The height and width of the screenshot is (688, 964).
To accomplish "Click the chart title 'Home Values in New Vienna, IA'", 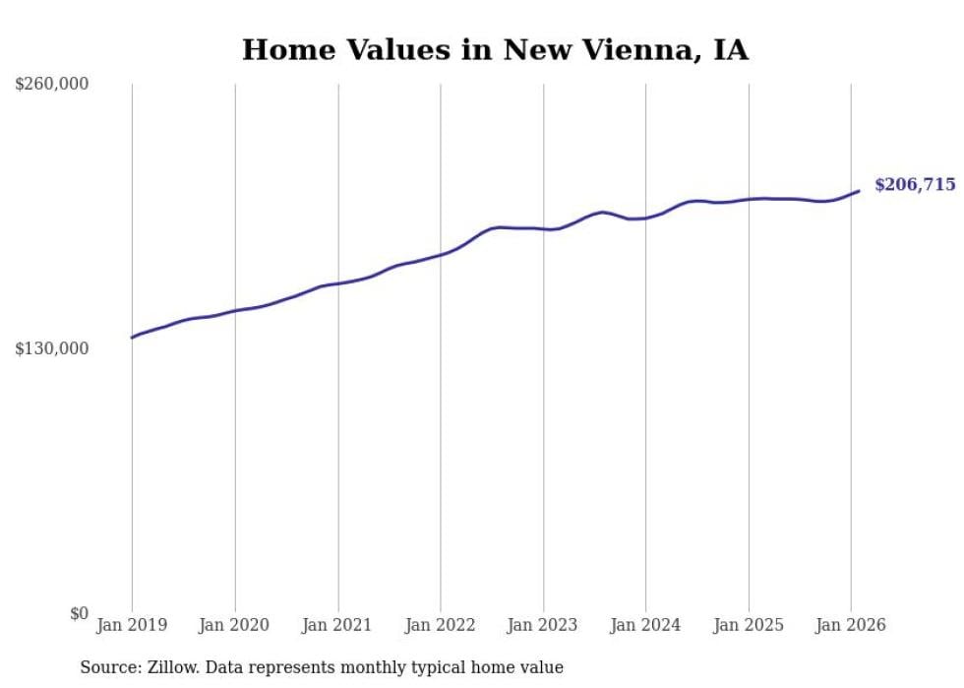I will click(x=495, y=49).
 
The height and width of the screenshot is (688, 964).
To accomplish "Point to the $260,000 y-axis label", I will click(x=52, y=85).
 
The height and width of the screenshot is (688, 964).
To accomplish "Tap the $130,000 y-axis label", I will click(x=52, y=349).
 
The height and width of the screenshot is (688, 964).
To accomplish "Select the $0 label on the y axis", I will click(x=80, y=614).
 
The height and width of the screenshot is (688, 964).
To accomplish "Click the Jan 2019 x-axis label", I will click(x=132, y=625).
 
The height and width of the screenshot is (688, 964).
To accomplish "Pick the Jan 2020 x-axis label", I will click(x=234, y=625).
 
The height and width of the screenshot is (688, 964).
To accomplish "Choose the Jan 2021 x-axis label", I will click(x=337, y=625).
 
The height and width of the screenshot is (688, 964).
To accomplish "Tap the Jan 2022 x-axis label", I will click(x=440, y=625).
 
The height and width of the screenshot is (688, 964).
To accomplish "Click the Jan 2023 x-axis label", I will click(x=543, y=625).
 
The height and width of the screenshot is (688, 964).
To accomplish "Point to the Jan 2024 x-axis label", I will click(x=645, y=625).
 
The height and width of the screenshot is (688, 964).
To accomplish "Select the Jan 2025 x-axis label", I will click(x=749, y=625).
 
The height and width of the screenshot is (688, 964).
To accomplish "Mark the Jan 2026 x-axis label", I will click(x=851, y=625).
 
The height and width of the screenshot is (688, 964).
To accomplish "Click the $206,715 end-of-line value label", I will click(x=914, y=185).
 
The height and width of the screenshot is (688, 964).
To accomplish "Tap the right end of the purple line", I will click(x=859, y=191).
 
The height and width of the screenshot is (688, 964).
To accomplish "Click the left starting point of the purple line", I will click(x=132, y=338).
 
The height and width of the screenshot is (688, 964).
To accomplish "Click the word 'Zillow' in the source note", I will click(x=171, y=667).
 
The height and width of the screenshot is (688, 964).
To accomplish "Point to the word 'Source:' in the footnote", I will click(x=111, y=667).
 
